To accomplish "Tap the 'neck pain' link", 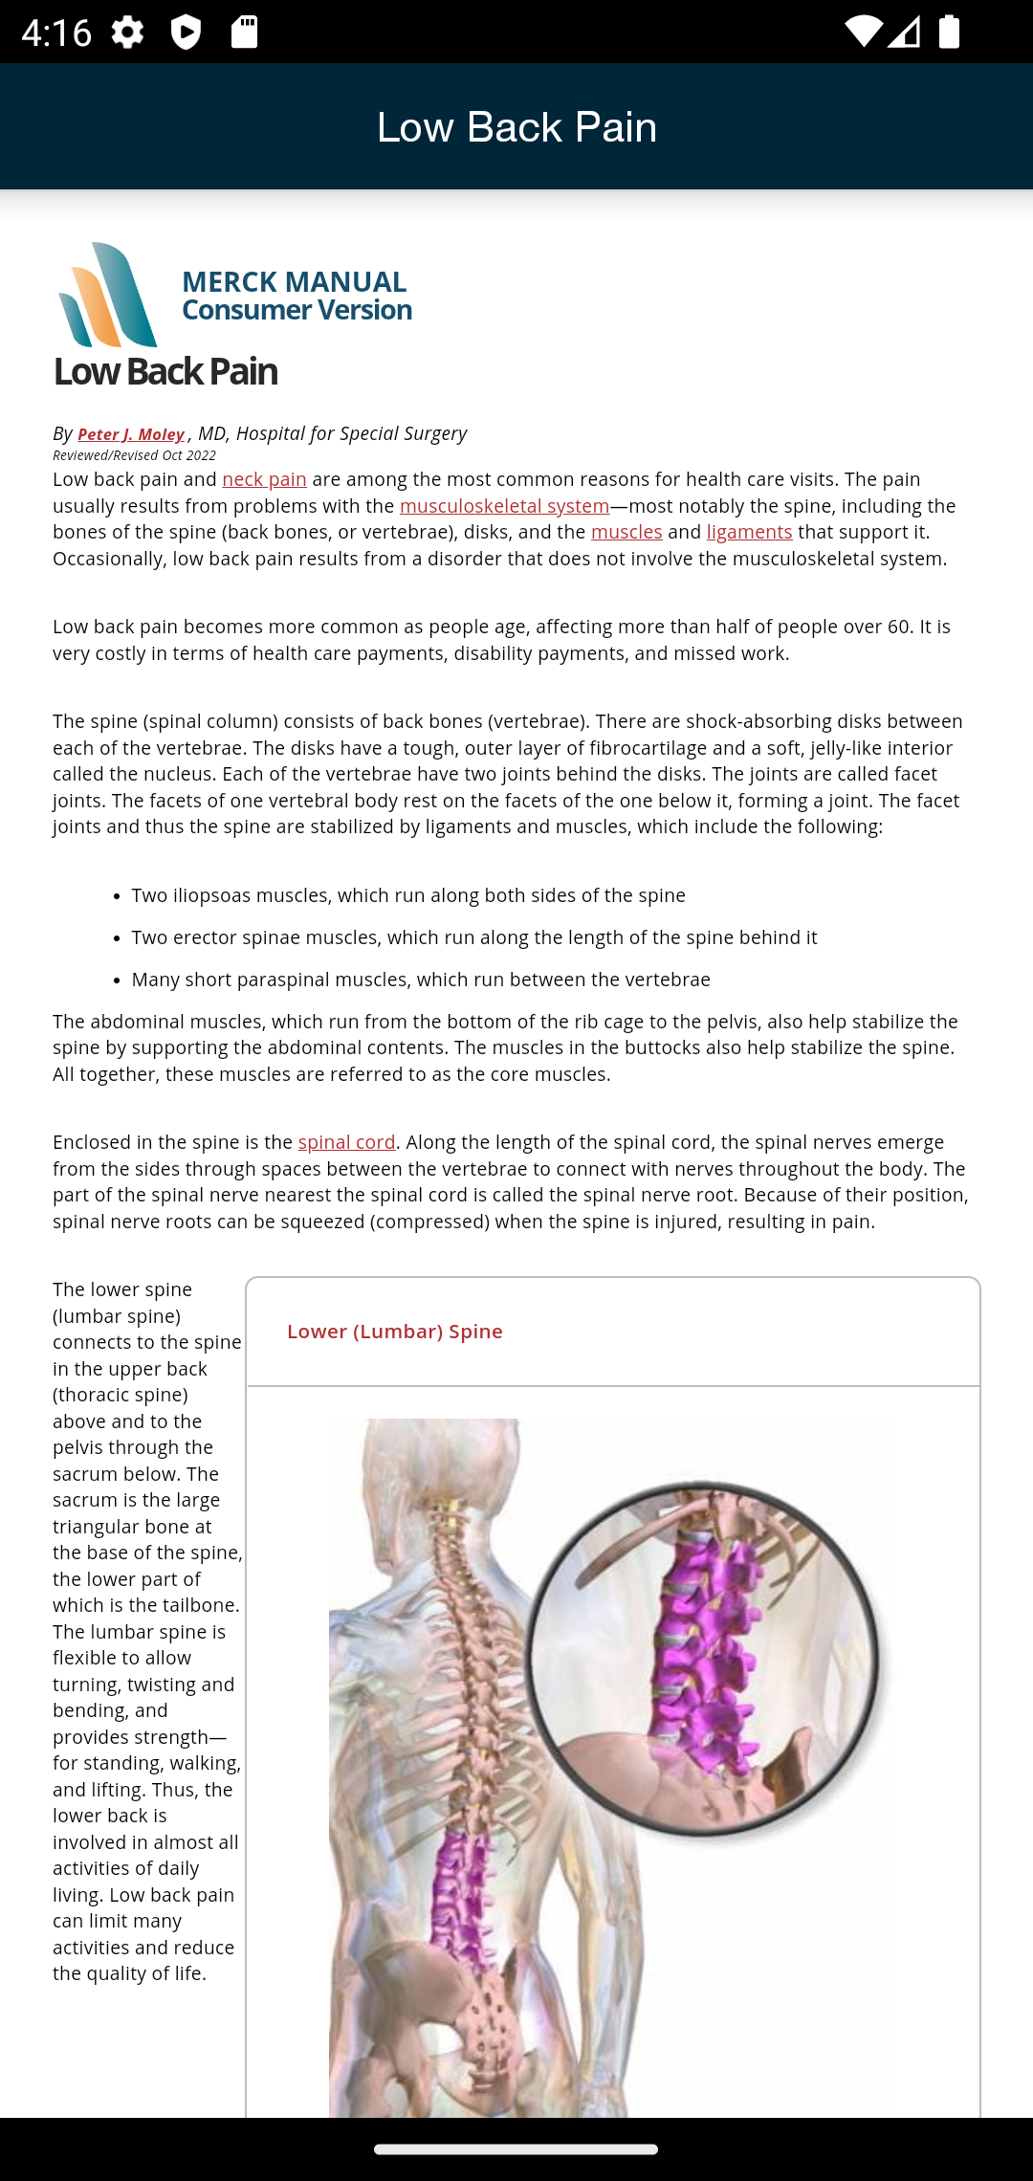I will pos(264,479).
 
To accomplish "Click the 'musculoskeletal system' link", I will pos(504,506).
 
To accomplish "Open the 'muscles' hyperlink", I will pos(626,532).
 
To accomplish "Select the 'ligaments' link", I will pos(749,532).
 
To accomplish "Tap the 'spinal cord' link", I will pos(346,1142).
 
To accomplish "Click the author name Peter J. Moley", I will pos(131,434).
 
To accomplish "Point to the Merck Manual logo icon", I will pos(108,296).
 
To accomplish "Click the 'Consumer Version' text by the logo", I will pos(297,310).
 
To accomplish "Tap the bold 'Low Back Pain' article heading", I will pos(165,371).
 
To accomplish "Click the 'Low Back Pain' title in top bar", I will pos(516,127).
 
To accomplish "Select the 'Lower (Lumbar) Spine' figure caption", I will pos(394,1332).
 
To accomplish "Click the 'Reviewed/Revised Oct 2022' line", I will pos(134,455).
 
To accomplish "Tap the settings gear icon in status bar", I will pos(127,33).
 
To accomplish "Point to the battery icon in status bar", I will pos(949,32).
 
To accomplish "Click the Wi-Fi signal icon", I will pos(862,32).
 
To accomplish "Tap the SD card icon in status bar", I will pos(244,33).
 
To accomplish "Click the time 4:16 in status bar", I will pos(55,33).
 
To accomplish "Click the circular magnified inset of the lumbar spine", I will pos(703,1660).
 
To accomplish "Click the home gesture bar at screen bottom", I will pos(516,2148).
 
